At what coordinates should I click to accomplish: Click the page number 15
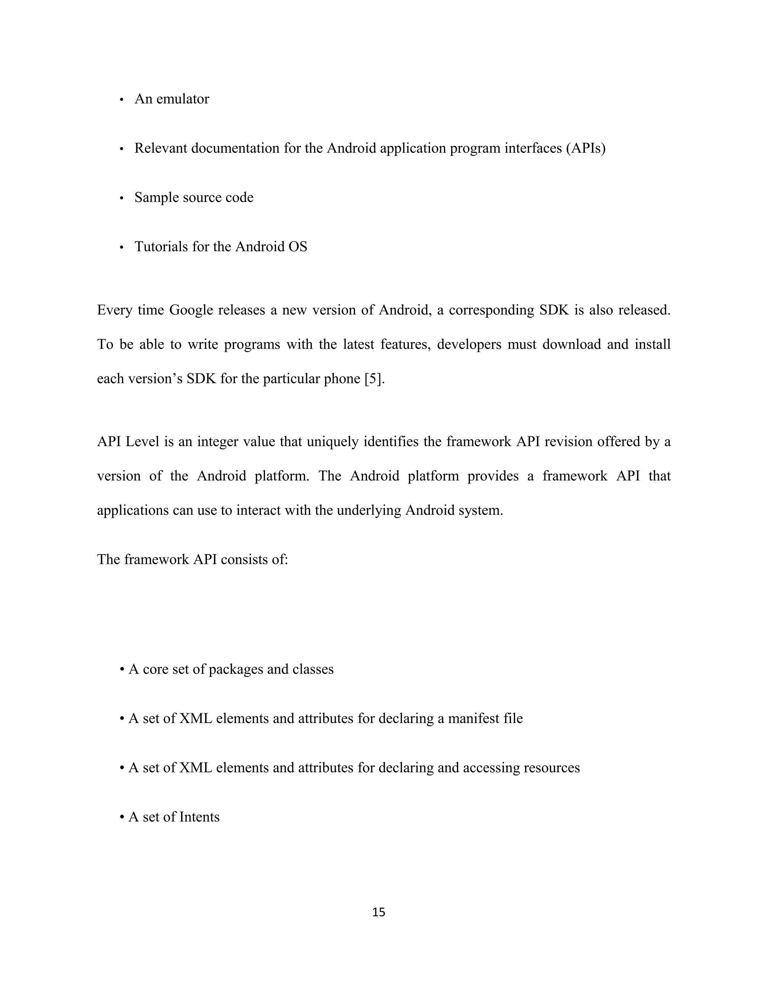[x=379, y=912]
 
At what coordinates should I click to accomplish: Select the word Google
[x=191, y=310]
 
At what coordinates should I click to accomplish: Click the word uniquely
[x=333, y=441]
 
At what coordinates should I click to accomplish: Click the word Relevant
[x=161, y=148]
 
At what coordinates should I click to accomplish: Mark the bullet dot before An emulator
[x=121, y=100]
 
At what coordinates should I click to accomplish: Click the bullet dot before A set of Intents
[x=122, y=817]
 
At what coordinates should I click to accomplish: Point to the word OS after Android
[x=298, y=247]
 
